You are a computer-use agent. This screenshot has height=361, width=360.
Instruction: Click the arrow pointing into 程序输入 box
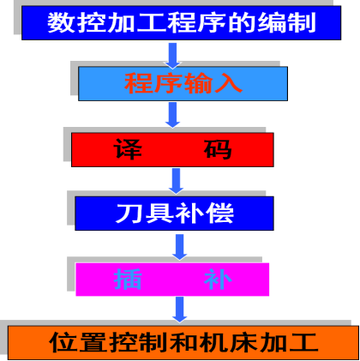click(x=172, y=56)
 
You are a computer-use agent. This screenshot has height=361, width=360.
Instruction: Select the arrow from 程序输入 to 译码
click(x=172, y=115)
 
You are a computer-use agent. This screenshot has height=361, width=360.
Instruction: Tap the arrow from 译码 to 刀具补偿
click(x=176, y=181)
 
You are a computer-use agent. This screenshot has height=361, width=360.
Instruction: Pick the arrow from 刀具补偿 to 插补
click(x=179, y=247)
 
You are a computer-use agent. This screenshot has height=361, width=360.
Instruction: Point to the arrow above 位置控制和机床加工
click(x=179, y=310)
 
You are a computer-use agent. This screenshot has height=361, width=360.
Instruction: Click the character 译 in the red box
click(x=128, y=149)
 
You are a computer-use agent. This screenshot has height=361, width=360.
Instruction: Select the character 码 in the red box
click(x=218, y=149)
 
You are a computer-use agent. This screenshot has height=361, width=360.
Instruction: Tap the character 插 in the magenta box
click(x=128, y=280)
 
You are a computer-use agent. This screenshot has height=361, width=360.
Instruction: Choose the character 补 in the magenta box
click(x=218, y=280)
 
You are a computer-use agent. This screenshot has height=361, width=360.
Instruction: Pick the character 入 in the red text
click(x=228, y=83)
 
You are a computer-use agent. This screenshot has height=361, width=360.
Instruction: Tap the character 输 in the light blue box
click(x=198, y=83)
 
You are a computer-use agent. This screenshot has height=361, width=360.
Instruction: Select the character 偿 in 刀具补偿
click(x=219, y=214)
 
